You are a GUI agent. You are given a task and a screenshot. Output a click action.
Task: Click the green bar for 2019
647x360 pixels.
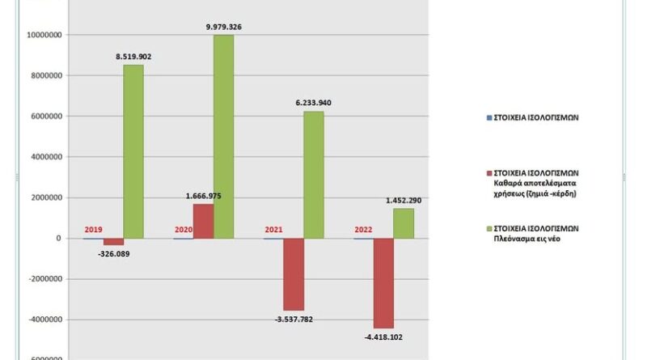[x=133, y=151]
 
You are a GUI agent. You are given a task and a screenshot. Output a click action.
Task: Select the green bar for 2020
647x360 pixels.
[x=223, y=137]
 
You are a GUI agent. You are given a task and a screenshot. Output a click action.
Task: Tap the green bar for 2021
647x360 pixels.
[x=314, y=175]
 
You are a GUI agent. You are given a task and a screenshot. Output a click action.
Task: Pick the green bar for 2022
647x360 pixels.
[x=404, y=223]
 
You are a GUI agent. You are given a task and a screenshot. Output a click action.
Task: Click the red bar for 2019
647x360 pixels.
[x=113, y=242]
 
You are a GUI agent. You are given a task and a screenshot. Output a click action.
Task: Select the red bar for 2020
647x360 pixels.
[x=204, y=222]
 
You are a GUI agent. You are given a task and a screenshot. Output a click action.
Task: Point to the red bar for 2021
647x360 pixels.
[x=294, y=274]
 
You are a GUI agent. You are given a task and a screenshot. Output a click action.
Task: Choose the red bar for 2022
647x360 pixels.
[x=384, y=283]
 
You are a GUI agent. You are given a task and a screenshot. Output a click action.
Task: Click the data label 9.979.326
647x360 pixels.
[x=224, y=28]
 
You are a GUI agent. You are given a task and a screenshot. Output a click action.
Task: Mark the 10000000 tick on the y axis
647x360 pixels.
[x=46, y=36]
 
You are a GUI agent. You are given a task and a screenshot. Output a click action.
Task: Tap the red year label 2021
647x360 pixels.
[x=273, y=231]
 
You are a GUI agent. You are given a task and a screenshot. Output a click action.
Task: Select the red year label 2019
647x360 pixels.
[x=93, y=231]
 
